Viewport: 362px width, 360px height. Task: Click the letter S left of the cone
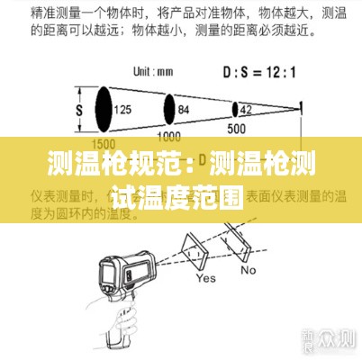click(78, 109)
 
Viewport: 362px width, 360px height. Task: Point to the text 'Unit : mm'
click(154, 71)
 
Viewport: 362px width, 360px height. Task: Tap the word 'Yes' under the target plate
click(206, 279)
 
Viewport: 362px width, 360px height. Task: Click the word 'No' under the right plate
click(248, 268)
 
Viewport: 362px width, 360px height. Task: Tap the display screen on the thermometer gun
click(112, 269)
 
